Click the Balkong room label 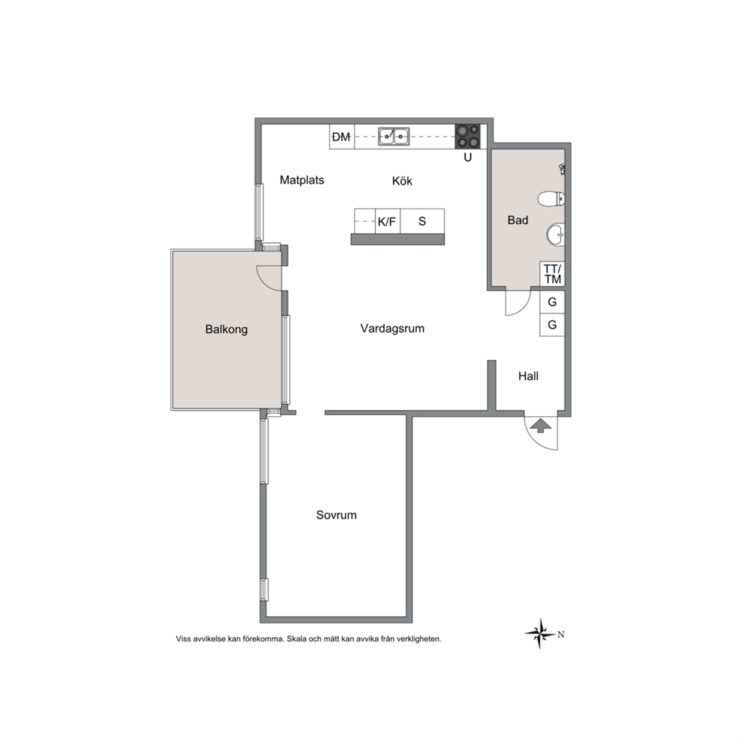(226, 329)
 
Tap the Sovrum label (336, 515)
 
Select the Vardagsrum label (392, 329)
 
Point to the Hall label (528, 376)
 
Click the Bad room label (518, 220)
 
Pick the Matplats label (302, 180)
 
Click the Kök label (402, 181)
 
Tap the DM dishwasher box (341, 137)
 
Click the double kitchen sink (394, 137)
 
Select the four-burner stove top (468, 137)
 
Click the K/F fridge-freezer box (388, 221)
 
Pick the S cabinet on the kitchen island (423, 221)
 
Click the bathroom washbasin (556, 234)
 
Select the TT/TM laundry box (553, 274)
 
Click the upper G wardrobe (553, 302)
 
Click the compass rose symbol (540, 633)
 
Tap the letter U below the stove (468, 158)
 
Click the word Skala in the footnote (297, 639)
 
